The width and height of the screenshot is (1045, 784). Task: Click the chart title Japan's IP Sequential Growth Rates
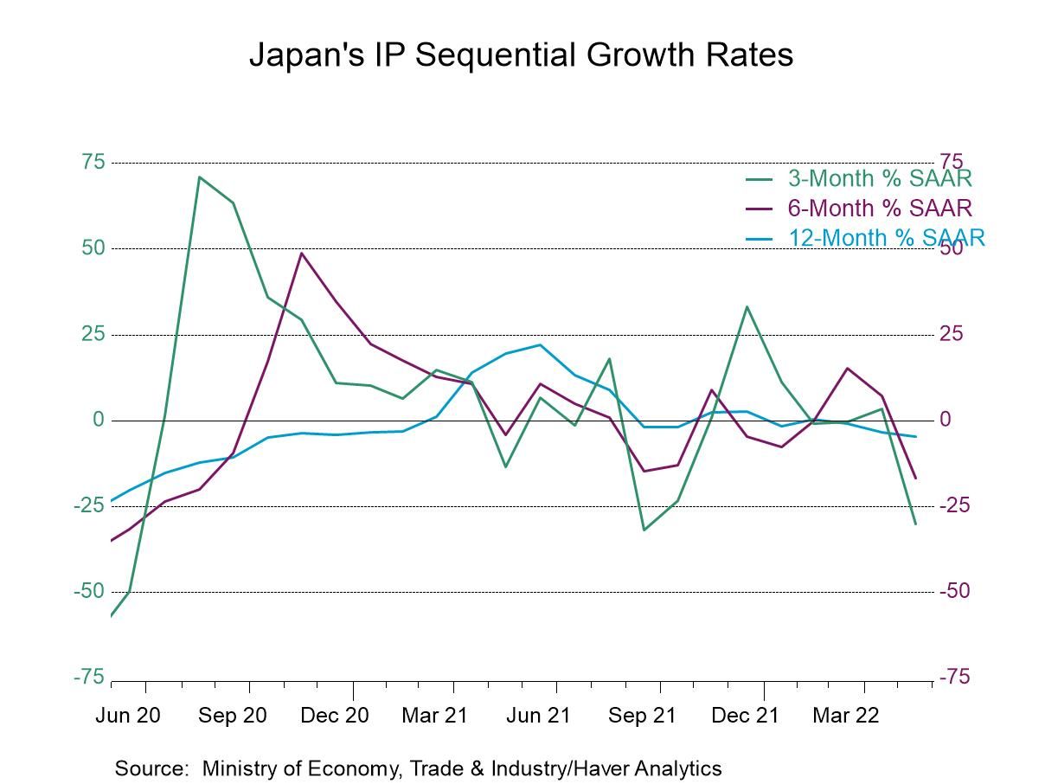pyautogui.click(x=521, y=55)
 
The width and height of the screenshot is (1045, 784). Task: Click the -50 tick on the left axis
pyautogui.click(x=88, y=592)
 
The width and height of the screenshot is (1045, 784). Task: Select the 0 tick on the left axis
pyautogui.click(x=98, y=421)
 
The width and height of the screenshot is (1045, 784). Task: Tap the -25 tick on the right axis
pyautogui.click(x=956, y=505)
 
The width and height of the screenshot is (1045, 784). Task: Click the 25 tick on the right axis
pyautogui.click(x=952, y=334)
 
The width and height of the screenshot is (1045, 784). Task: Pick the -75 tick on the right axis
pyautogui.click(x=956, y=678)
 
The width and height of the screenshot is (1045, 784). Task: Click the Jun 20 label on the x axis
pyautogui.click(x=128, y=716)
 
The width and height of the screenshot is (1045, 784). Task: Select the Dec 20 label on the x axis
pyautogui.click(x=335, y=716)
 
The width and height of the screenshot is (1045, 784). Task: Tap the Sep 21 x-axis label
pyautogui.click(x=641, y=716)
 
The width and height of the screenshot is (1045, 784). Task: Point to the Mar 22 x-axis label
pyautogui.click(x=846, y=716)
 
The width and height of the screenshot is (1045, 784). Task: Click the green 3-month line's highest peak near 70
pyautogui.click(x=199, y=177)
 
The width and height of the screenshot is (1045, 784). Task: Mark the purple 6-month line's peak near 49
pyautogui.click(x=301, y=253)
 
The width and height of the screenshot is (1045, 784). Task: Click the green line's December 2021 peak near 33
pyautogui.click(x=747, y=306)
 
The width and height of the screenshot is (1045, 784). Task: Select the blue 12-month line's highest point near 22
pyautogui.click(x=540, y=345)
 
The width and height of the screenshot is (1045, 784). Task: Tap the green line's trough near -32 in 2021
pyautogui.click(x=644, y=530)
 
